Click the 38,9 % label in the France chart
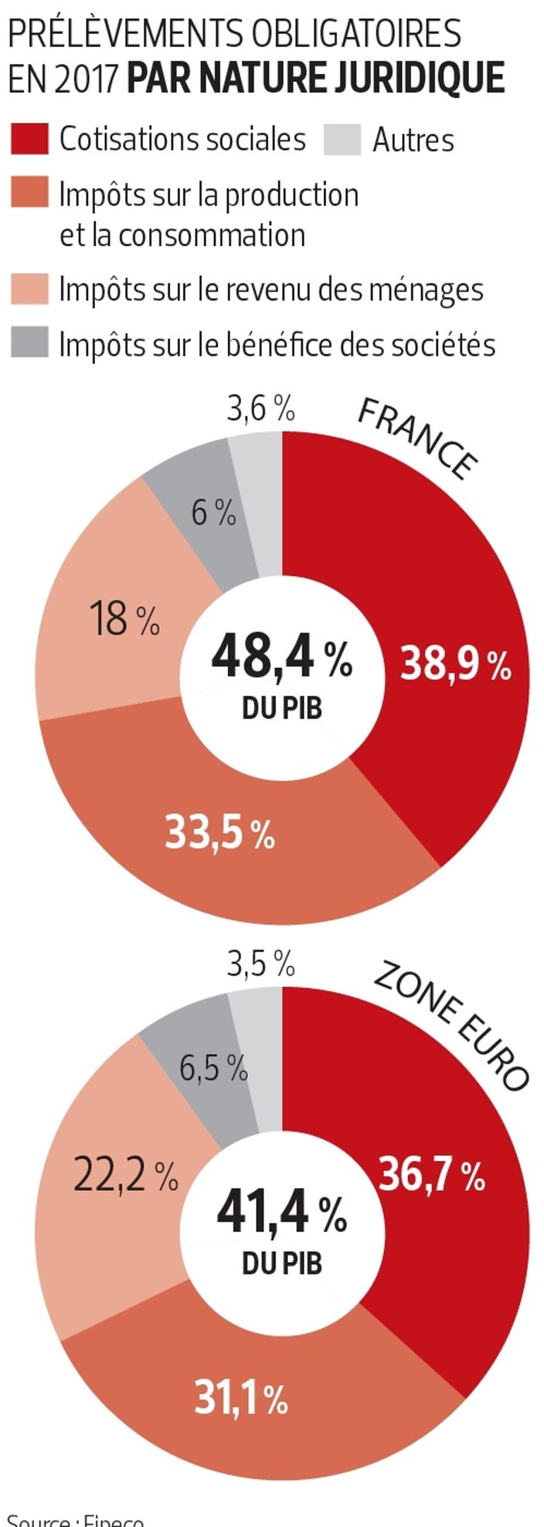click(455, 664)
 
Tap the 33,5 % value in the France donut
click(220, 833)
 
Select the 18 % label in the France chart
click(124, 619)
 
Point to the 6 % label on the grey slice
click(213, 513)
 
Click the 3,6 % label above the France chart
click(260, 408)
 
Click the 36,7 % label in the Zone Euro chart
click(432, 1176)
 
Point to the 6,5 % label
click(213, 1068)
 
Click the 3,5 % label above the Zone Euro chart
click(260, 963)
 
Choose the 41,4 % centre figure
click(281, 1210)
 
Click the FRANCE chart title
click(417, 438)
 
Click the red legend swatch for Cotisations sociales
click(29, 139)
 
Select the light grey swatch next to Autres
click(342, 140)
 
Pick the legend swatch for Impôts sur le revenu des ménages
click(29, 289)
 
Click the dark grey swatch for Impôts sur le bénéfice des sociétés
click(29, 343)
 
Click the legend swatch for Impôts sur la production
click(29, 192)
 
